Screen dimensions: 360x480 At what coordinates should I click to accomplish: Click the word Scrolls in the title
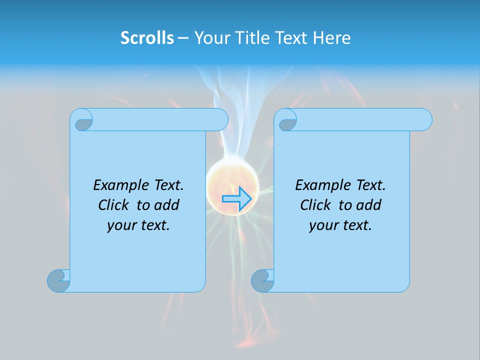147,38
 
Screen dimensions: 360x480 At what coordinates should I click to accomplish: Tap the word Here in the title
332,38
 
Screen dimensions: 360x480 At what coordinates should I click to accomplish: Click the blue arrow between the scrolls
236,199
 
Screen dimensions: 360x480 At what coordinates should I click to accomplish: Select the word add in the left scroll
167,205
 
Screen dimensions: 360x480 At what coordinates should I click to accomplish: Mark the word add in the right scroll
369,205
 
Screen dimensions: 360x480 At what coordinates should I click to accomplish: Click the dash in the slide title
183,38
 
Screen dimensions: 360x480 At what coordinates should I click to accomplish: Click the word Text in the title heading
291,38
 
